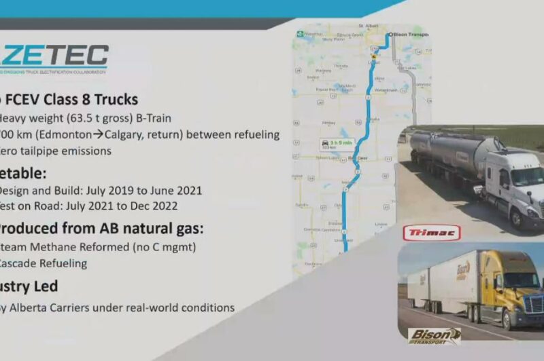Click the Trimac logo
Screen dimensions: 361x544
tap(432, 233)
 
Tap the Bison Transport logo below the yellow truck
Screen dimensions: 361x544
tap(435, 335)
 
